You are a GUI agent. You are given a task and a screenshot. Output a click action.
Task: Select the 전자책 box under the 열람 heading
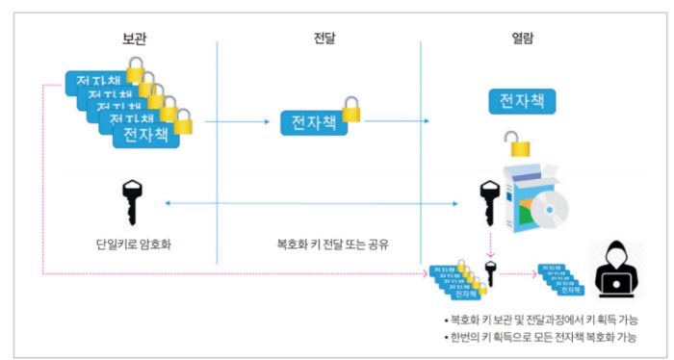[520, 100]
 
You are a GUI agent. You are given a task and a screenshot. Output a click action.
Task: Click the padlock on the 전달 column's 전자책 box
[352, 113]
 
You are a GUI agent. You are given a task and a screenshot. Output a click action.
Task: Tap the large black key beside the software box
[489, 202]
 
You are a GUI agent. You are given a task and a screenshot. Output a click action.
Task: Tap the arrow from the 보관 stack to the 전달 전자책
[236, 121]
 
